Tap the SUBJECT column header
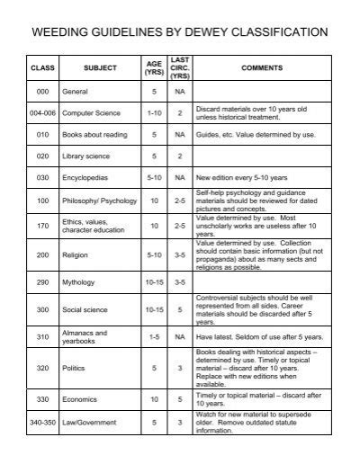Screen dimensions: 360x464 [x=94, y=68]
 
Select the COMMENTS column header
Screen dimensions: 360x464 [x=261, y=68]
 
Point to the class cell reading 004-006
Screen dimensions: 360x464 [x=42, y=113]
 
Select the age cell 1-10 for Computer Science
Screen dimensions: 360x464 [x=155, y=113]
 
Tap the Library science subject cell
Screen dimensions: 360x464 [x=85, y=156]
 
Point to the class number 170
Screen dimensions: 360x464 [x=42, y=225]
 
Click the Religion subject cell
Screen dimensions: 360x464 [x=74, y=255]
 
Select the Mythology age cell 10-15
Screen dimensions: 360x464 [x=155, y=282]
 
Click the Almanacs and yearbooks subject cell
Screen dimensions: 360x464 [x=85, y=336]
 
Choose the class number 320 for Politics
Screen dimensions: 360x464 [x=42, y=368]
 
